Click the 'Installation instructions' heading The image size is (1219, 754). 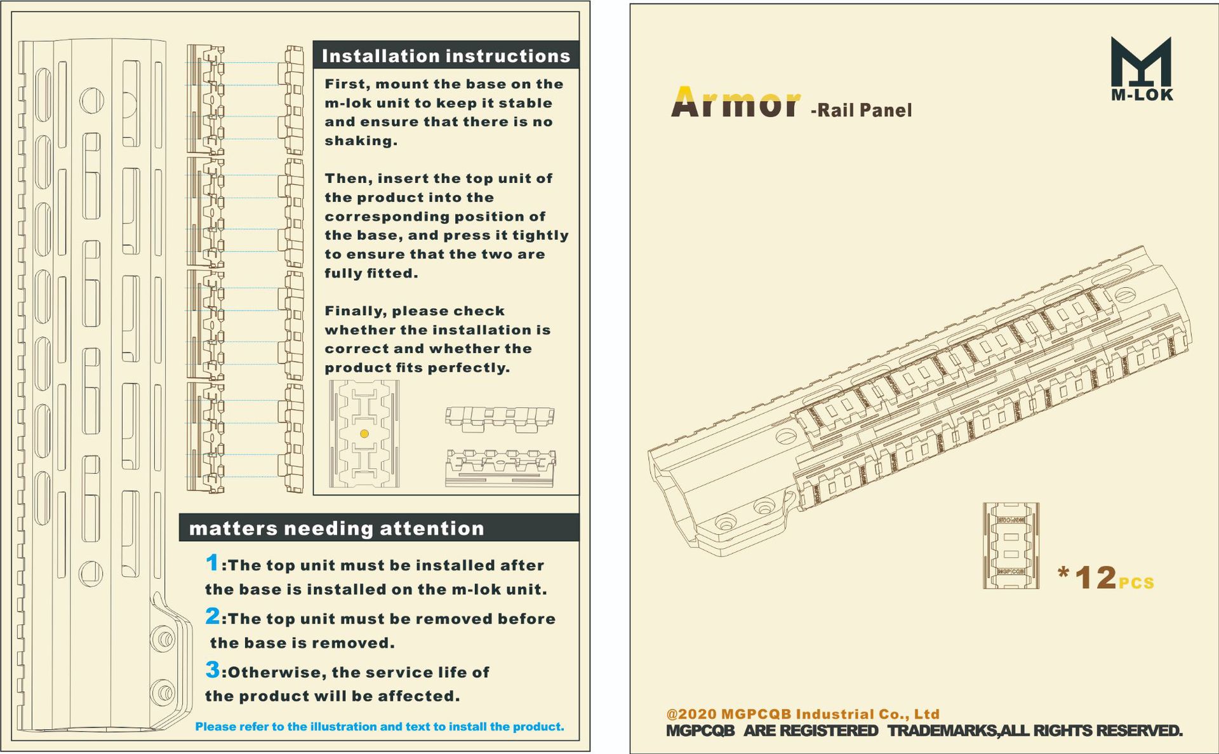pyautogui.click(x=446, y=56)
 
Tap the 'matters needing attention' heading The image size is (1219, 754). pyautogui.click(x=336, y=528)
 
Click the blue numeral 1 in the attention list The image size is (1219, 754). pyautogui.click(x=213, y=563)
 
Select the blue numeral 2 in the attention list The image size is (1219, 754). pyautogui.click(x=213, y=616)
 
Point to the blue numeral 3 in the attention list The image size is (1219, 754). pyautogui.click(x=213, y=670)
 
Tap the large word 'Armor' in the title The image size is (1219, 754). pyautogui.click(x=735, y=103)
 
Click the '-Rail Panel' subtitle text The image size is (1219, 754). pyautogui.click(x=862, y=111)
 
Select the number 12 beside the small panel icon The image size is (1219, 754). pyautogui.click(x=1096, y=578)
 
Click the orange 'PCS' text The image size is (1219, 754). pyautogui.click(x=1136, y=583)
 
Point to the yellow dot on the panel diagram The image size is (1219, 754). pyautogui.click(x=364, y=434)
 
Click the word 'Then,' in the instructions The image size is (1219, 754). pyautogui.click(x=349, y=178)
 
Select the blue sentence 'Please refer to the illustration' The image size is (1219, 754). pyautogui.click(x=379, y=727)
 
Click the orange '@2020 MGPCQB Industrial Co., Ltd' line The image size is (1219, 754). pyautogui.click(x=803, y=714)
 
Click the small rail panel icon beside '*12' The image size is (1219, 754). pyautogui.click(x=1011, y=546)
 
